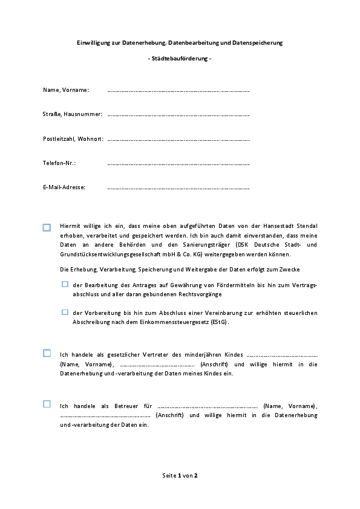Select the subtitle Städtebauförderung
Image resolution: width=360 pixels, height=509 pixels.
pyautogui.click(x=180, y=59)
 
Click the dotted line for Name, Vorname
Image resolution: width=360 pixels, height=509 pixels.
pyautogui.click(x=178, y=91)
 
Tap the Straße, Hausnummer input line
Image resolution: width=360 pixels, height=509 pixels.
pyautogui.click(x=178, y=115)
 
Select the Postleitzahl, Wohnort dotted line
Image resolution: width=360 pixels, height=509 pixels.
pyautogui.click(x=178, y=140)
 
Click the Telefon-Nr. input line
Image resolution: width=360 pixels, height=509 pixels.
pyautogui.click(x=178, y=164)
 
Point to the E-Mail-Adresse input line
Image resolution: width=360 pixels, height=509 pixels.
pyautogui.click(x=178, y=188)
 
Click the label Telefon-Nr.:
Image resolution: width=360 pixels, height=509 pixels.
pyautogui.click(x=59, y=163)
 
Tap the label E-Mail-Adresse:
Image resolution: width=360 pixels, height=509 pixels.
pyautogui.click(x=64, y=187)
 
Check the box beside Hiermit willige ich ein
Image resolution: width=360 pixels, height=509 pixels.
pyautogui.click(x=47, y=227)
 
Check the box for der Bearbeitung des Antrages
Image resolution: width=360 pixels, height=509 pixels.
pyautogui.click(x=65, y=284)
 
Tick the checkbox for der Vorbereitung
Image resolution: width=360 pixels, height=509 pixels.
pyautogui.click(x=65, y=313)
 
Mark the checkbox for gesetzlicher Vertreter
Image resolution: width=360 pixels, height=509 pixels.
pyautogui.click(x=47, y=353)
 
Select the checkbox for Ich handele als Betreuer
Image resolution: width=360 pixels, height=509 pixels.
pyautogui.click(x=47, y=404)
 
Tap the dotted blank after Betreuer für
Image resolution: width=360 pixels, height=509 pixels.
pyautogui.click(x=207, y=406)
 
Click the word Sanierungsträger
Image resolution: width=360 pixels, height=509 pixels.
pyautogui.click(x=237, y=245)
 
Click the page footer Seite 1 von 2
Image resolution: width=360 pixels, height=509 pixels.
pyautogui.click(x=180, y=476)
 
